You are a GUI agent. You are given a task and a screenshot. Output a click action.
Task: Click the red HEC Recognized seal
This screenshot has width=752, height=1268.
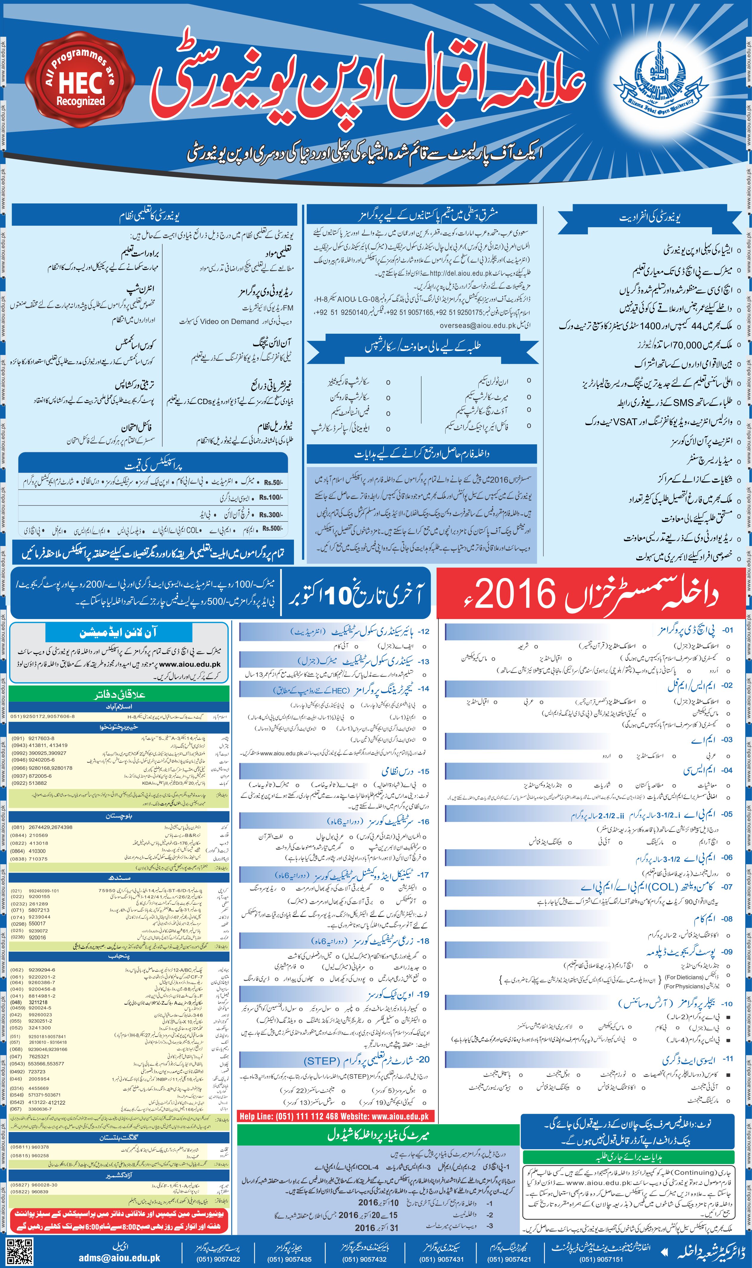(x=80, y=85)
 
